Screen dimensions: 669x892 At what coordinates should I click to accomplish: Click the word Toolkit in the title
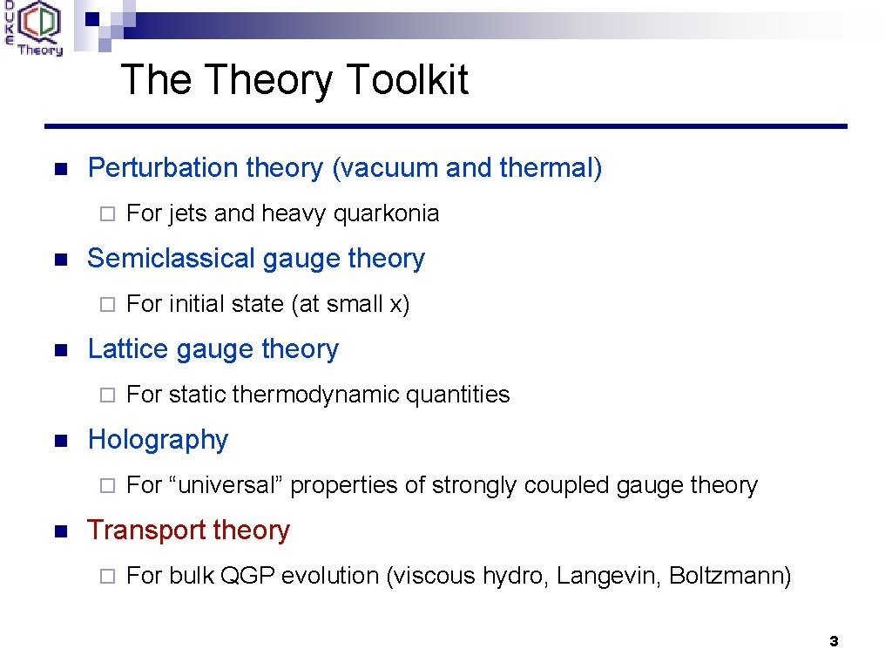(x=407, y=80)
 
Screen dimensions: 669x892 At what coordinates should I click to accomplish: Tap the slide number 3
(x=834, y=642)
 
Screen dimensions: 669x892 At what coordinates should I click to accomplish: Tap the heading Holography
(x=158, y=440)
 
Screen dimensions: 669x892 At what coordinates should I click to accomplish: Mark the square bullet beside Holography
(x=59, y=441)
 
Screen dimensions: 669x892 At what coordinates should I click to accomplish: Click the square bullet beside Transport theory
(x=59, y=531)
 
